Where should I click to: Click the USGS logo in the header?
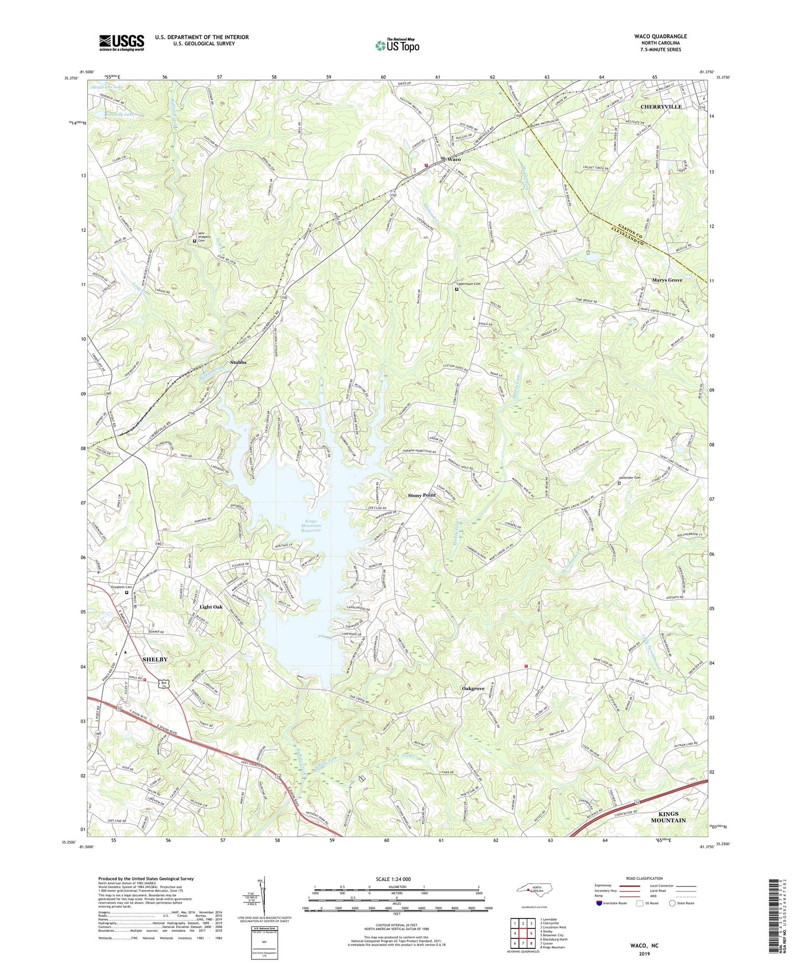click(x=122, y=43)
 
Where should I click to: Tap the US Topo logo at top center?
click(x=396, y=46)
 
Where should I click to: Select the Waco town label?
click(x=454, y=159)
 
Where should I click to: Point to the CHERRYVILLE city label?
click(x=661, y=107)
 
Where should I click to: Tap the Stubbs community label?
click(x=238, y=363)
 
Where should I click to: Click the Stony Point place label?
click(x=422, y=495)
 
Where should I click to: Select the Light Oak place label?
click(x=211, y=607)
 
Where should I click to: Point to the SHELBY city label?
click(x=155, y=660)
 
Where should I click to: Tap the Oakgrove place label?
click(x=473, y=689)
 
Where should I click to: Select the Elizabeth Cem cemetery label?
click(x=122, y=587)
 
